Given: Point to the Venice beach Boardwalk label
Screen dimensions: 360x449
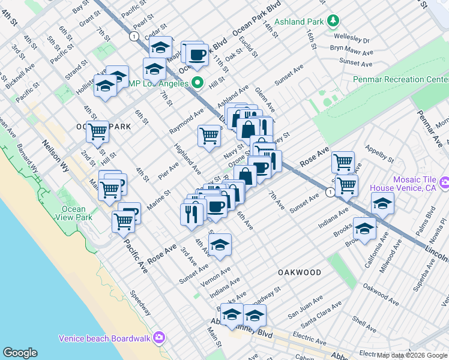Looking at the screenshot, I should pos(106,338).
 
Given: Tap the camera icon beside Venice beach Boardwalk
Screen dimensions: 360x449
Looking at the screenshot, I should pos(159,338).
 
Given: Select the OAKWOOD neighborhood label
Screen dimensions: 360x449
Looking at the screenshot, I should pos(300,272).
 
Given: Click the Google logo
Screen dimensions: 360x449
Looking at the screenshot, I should pos(20,353).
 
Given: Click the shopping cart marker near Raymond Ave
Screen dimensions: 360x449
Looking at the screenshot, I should pos(209,135).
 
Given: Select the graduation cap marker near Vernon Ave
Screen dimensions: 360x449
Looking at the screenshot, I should pos(220,244).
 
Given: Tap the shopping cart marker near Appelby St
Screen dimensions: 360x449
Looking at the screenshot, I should pos(343,161).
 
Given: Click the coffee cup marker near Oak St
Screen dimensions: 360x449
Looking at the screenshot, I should pos(197,55).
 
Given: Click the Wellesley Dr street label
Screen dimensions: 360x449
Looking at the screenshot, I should pos(349,41).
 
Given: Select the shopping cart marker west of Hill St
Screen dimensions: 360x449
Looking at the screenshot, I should pos(97,131).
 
